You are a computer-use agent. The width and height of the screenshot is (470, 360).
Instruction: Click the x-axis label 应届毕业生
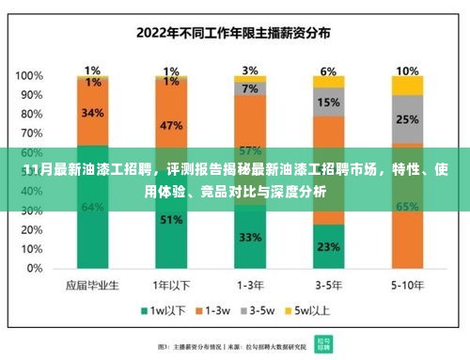click(92, 283)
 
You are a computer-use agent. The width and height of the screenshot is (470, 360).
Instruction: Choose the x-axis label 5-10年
click(407, 283)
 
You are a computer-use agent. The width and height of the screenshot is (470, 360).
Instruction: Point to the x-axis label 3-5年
click(328, 283)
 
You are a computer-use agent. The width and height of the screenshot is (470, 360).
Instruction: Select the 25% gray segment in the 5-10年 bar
click(407, 120)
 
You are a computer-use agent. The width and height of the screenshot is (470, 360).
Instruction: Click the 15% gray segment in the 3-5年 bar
click(328, 102)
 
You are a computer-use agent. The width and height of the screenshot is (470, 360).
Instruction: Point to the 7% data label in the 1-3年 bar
click(250, 88)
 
